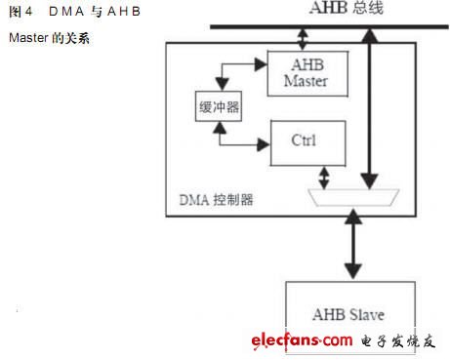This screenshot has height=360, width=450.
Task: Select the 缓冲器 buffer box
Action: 218,107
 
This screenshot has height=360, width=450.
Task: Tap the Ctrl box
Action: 304,140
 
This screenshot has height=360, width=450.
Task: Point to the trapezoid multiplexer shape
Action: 348,198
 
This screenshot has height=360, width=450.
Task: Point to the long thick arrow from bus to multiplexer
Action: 369,107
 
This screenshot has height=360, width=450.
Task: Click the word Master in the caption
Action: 26,45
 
